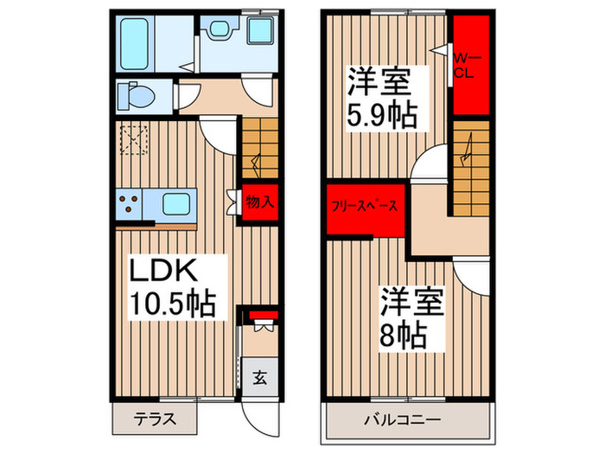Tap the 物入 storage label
pos(259,203)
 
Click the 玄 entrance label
pos(258,377)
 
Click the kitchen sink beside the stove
pos(177,206)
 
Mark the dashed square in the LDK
pos(135,139)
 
